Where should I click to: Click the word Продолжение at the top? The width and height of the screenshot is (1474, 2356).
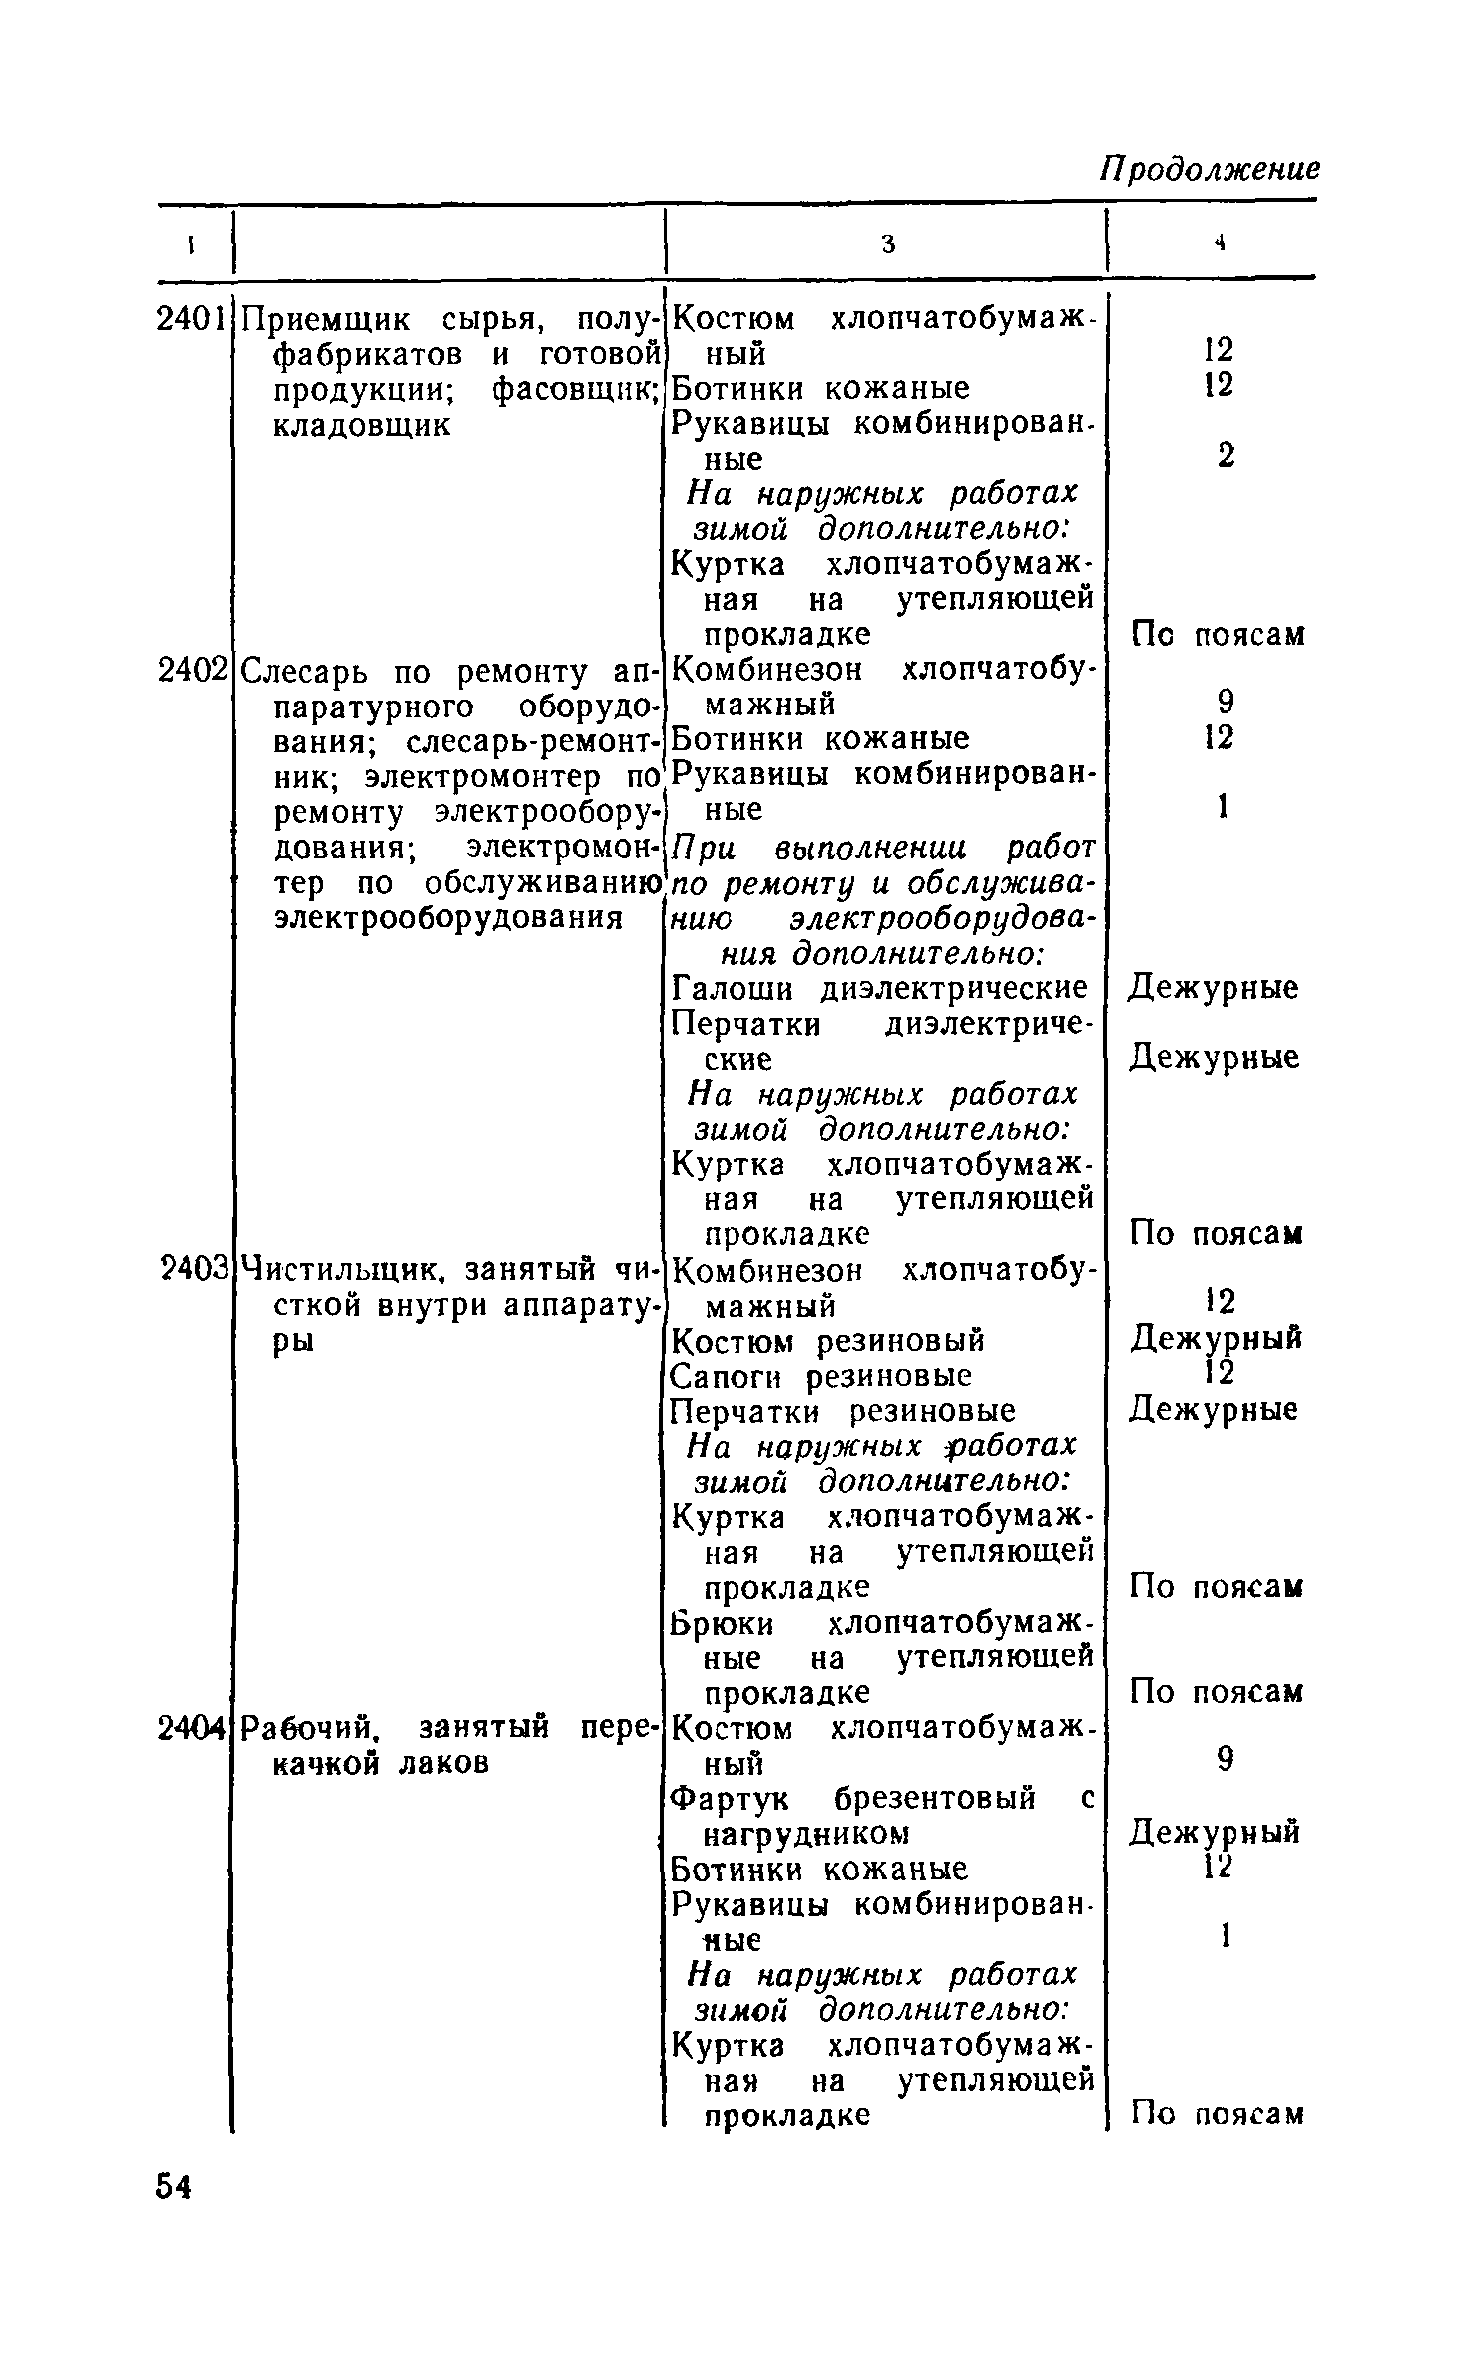click(1210, 169)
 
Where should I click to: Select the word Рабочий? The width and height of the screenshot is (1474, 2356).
click(308, 1727)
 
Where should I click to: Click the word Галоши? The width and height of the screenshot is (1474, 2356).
click(735, 989)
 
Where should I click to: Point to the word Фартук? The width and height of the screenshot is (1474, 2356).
click(730, 1798)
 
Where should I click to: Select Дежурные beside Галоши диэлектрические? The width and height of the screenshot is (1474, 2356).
click(1214, 989)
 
